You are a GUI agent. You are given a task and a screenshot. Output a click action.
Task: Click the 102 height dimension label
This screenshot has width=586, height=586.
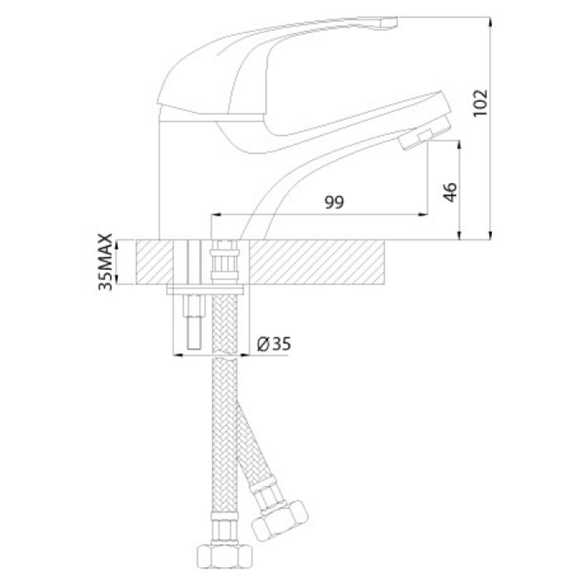(x=481, y=103)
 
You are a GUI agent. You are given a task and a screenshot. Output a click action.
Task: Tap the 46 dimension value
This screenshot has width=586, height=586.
(x=450, y=192)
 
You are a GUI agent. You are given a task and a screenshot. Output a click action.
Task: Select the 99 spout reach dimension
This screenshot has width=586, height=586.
(x=334, y=202)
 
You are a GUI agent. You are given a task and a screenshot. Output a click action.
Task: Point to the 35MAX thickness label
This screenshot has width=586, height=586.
(x=105, y=262)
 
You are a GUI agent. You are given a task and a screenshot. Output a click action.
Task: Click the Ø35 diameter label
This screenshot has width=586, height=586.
(x=274, y=344)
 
